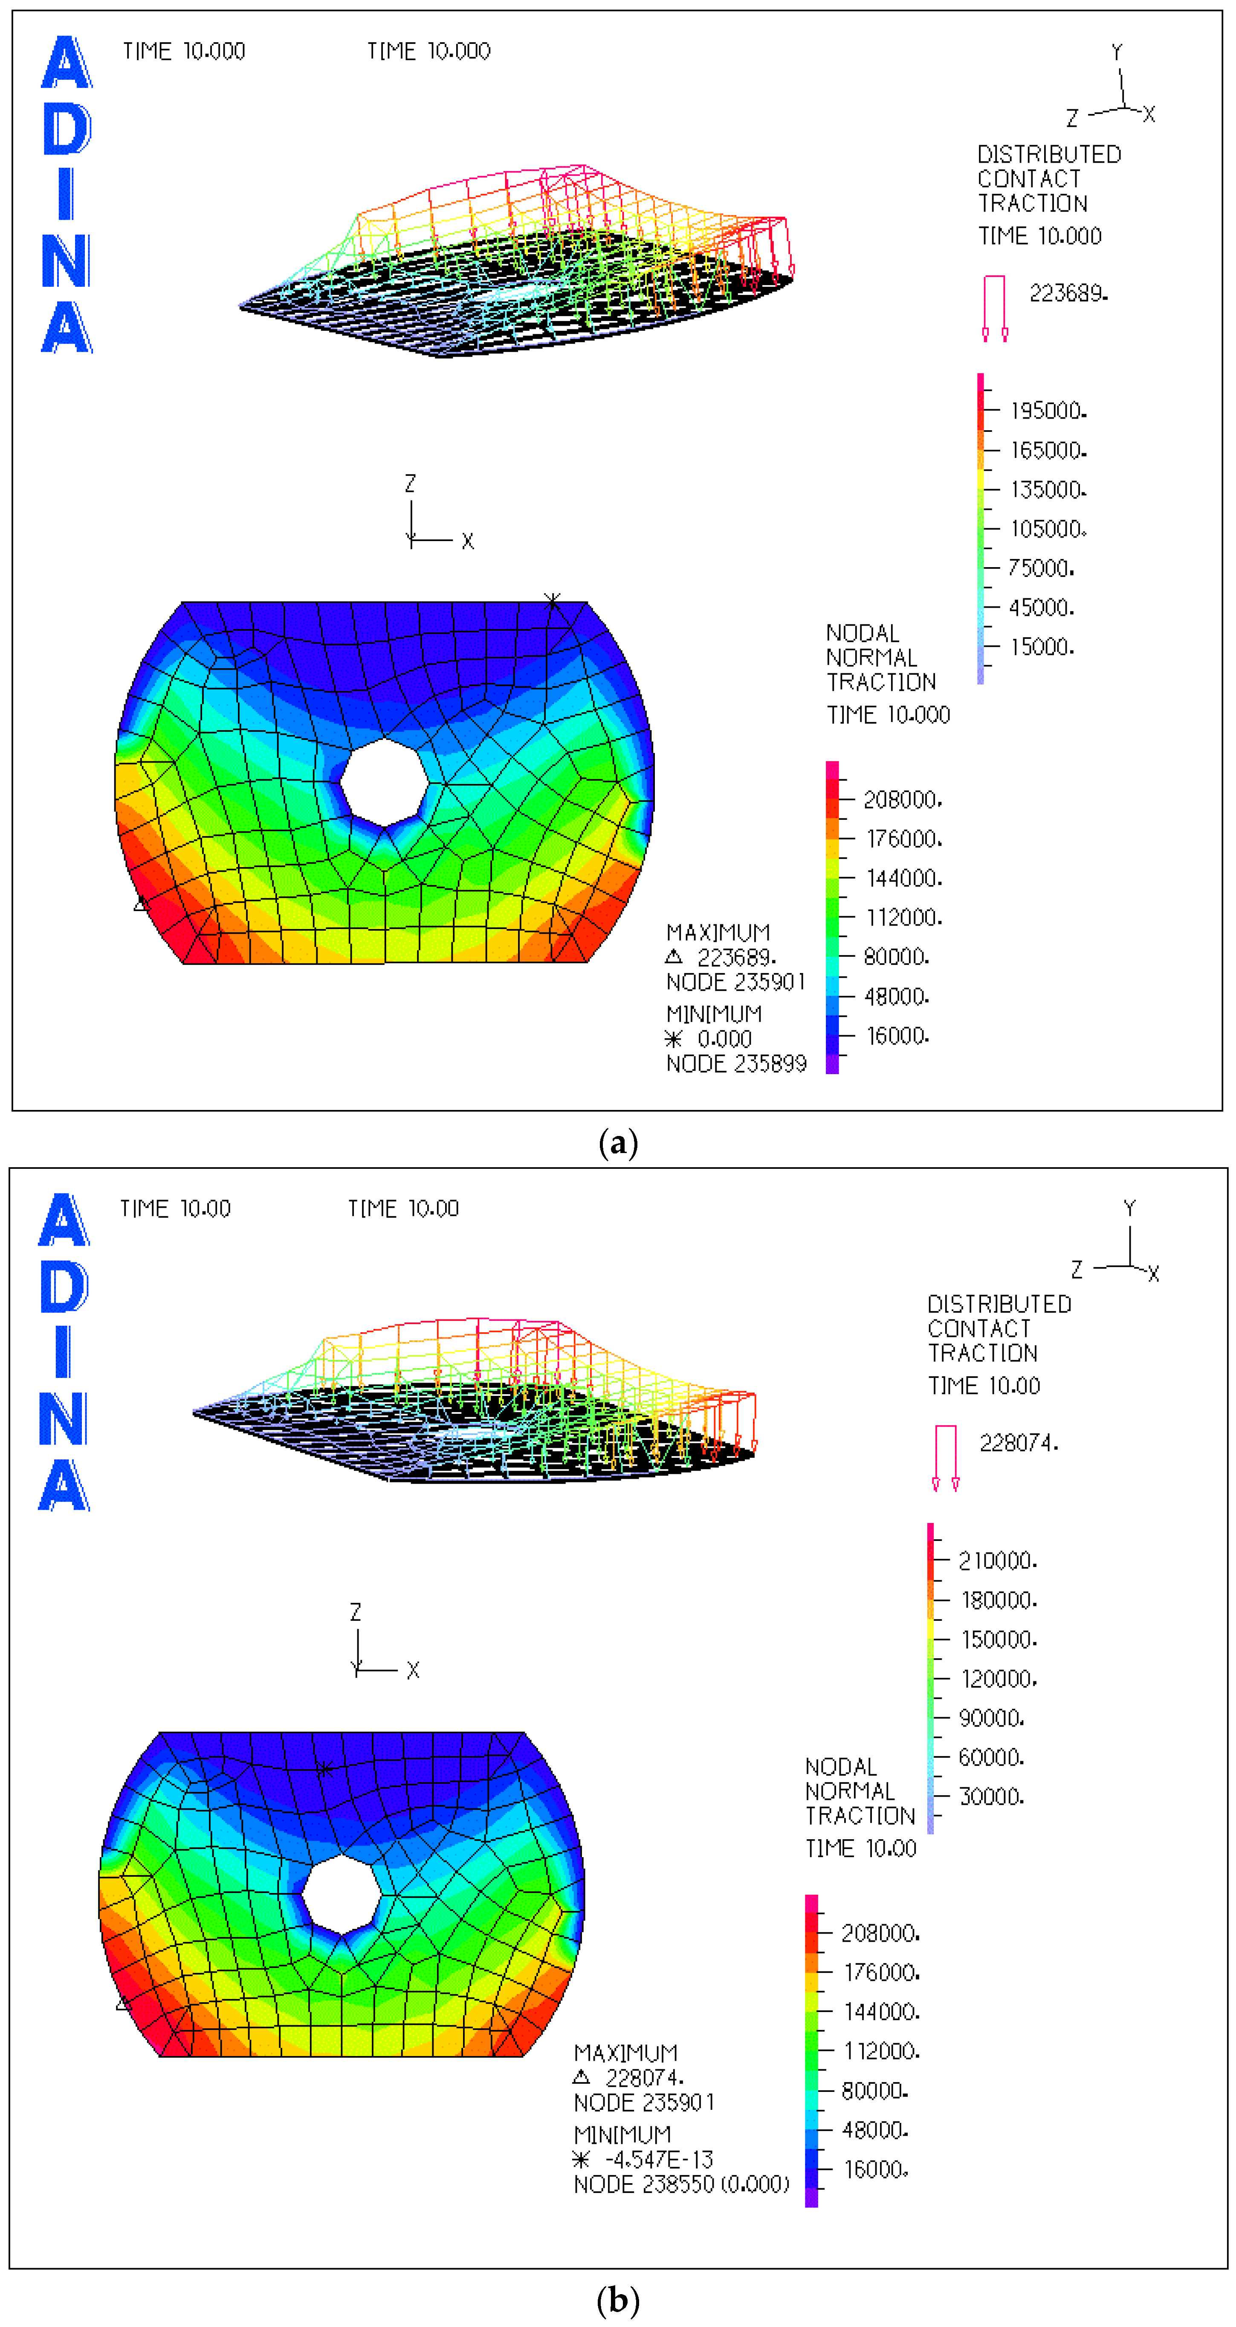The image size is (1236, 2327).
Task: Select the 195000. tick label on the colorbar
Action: point(1047,411)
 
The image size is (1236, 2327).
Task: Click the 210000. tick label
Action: point(997,1561)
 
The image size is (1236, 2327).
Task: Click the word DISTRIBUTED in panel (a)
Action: point(1049,154)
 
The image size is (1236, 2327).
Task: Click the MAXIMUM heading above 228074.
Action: point(625,2053)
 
